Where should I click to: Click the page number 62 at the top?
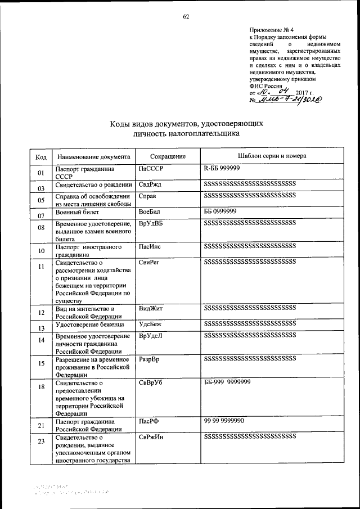click(x=186, y=16)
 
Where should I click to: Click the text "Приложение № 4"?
click(x=271, y=29)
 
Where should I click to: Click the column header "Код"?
click(x=41, y=156)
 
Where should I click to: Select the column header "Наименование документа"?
click(x=93, y=156)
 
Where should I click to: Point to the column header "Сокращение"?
click(x=168, y=156)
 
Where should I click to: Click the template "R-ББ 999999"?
click(x=222, y=168)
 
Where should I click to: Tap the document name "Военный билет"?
click(x=77, y=212)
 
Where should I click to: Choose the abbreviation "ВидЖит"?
click(x=150, y=309)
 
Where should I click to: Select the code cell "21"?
click(x=41, y=426)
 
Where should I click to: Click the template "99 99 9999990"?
click(x=224, y=421)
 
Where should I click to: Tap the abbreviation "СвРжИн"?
click(x=151, y=437)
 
